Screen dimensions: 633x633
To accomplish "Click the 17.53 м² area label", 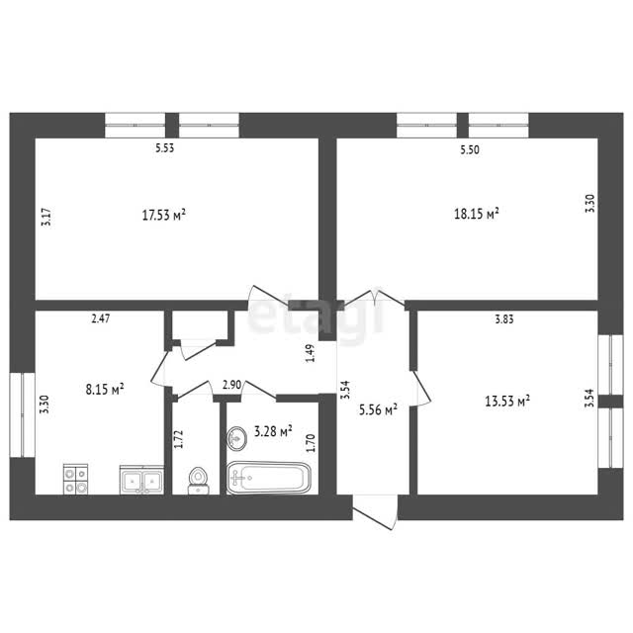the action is coord(164,215).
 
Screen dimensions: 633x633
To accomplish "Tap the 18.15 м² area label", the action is coord(477,214).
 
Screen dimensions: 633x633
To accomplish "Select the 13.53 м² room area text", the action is coord(507,401).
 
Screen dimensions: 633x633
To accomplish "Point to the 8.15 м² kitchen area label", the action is coord(105,389).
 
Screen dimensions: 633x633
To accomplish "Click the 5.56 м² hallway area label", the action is coord(378,409).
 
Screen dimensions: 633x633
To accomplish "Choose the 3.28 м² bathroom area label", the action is coord(273,431).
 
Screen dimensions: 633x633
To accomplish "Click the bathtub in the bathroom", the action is coord(268,478).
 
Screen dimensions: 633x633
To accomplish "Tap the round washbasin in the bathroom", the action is coord(236,438).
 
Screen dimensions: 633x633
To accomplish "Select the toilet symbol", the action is coord(198,481).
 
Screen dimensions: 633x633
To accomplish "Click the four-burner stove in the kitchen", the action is coord(75,479).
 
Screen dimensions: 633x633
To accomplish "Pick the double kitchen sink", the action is coord(141,480).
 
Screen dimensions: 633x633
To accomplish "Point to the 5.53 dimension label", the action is coord(165,147).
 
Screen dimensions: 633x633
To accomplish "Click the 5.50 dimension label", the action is coord(470,149).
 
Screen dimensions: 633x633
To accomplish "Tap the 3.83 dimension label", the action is coord(504,319).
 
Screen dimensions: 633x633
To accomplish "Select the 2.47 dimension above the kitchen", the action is coord(101,318).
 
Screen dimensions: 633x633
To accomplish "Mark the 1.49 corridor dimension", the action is coord(310,353).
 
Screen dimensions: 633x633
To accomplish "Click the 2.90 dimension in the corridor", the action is coord(232,385).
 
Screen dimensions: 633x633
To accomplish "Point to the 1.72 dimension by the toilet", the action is coord(178,439).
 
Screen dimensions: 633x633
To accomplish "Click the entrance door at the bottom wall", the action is coord(375,512).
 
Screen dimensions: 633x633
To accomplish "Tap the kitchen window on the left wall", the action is coord(23,414).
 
